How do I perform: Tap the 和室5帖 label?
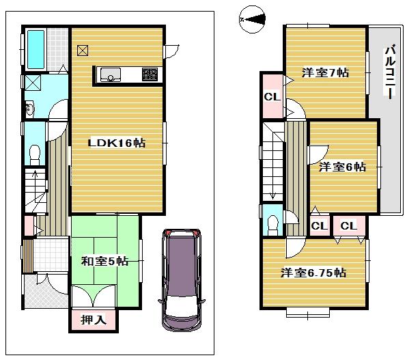(104, 260)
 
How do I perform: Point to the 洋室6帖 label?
(343, 166)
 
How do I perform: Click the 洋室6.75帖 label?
(313, 273)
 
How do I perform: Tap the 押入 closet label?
(93, 319)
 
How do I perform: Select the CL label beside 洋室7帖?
(272, 96)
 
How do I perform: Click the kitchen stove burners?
(150, 73)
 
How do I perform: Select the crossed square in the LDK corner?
(83, 50)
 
